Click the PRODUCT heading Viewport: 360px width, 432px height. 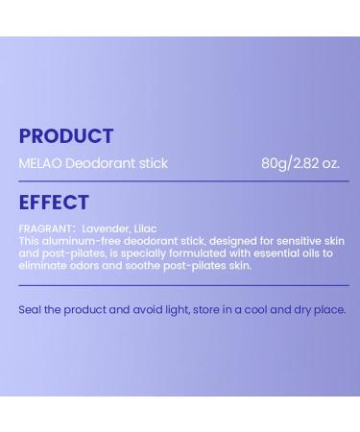pyautogui.click(x=65, y=136)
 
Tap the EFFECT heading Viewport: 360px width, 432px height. pyautogui.click(x=54, y=203)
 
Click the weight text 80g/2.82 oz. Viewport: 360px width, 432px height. pyautogui.click(x=300, y=163)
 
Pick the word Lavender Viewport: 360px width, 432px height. pyautogui.click(x=106, y=229)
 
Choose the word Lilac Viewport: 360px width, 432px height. pyautogui.click(x=145, y=229)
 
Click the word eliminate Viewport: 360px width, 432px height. pyautogui.click(x=43, y=266)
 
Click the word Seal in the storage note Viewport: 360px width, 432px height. pyautogui.click(x=30, y=310)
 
